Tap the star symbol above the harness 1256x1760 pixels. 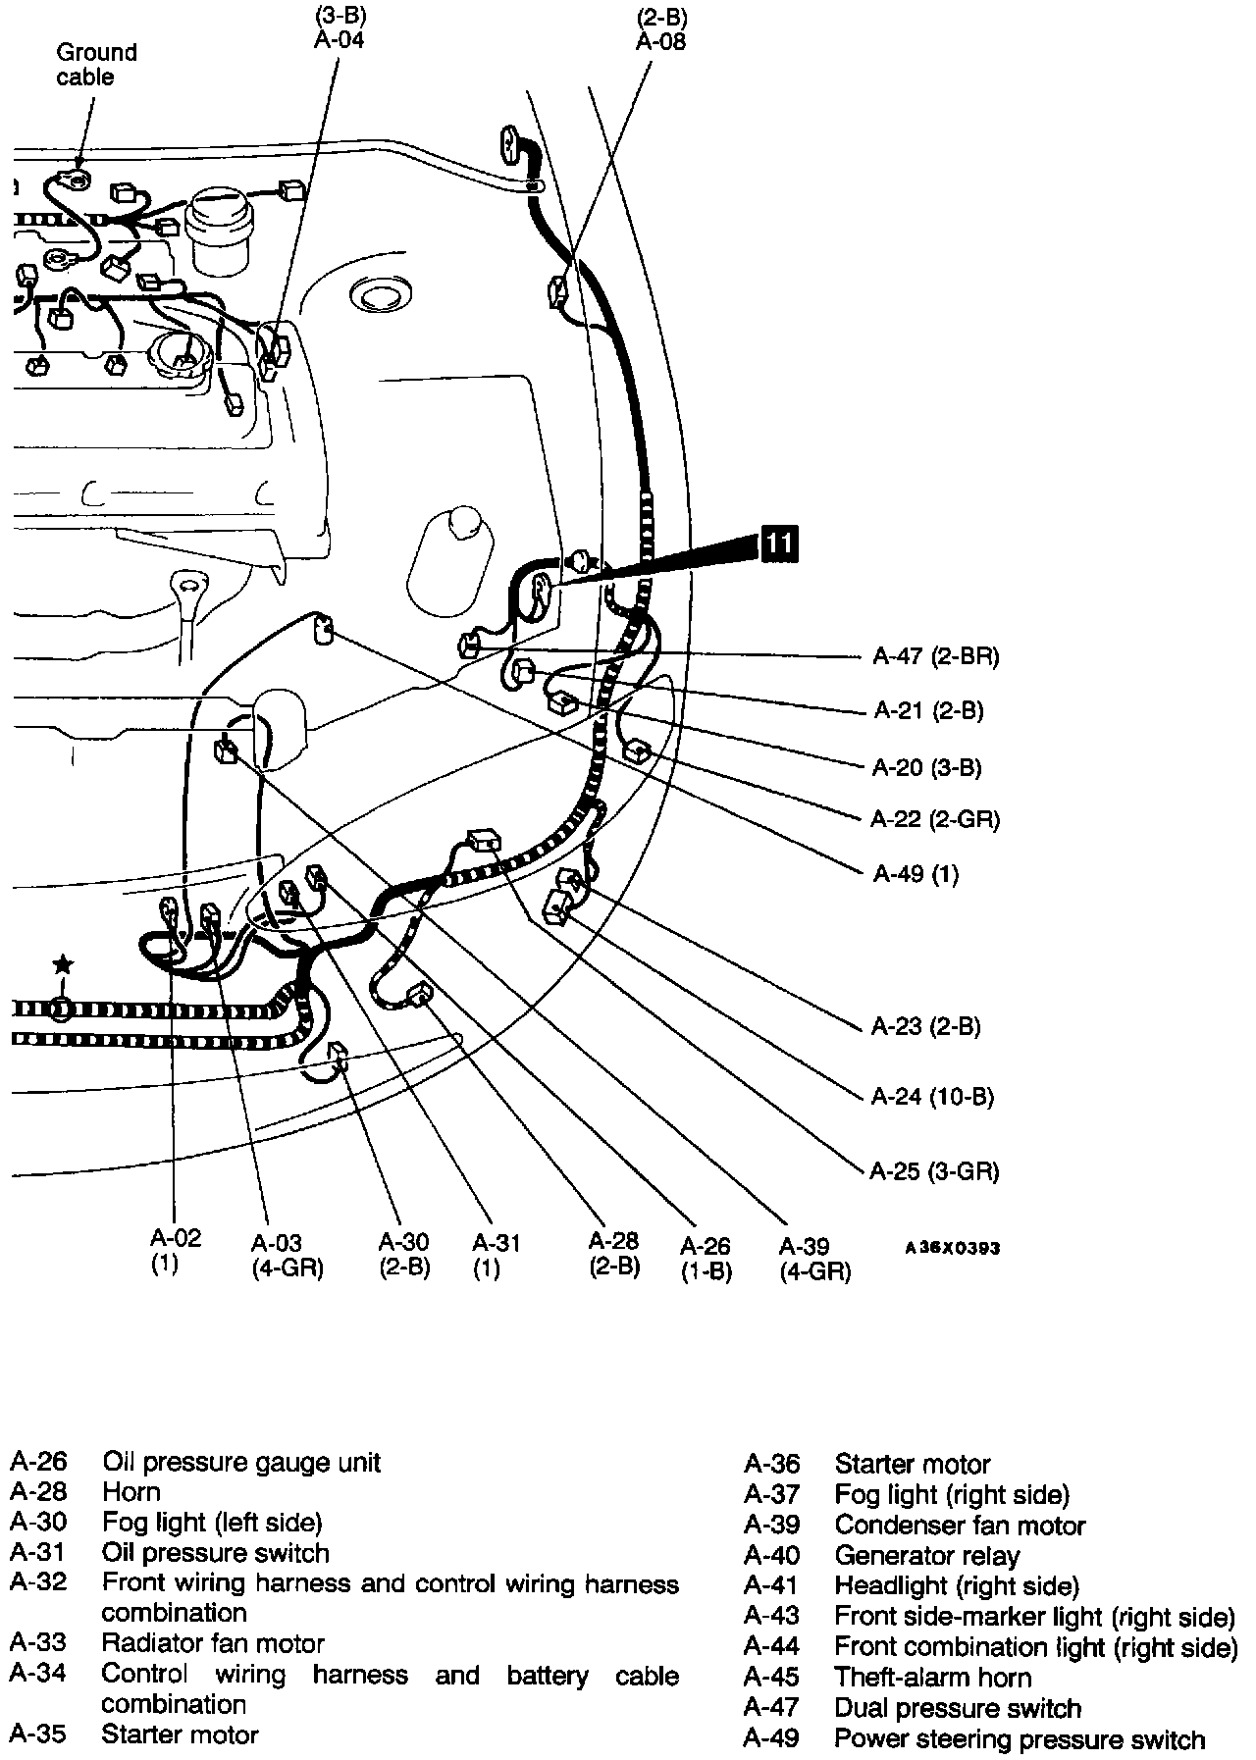point(63,964)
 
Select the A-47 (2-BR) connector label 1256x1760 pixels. point(935,656)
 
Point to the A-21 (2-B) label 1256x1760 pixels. point(927,710)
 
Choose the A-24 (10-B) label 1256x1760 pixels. point(932,1096)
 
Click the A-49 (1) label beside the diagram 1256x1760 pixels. point(915,873)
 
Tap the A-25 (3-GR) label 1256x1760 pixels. point(934,1170)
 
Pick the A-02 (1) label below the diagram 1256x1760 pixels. point(176,1251)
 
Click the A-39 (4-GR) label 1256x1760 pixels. point(814,1259)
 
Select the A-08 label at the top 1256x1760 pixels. point(660,41)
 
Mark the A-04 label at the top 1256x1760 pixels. point(340,40)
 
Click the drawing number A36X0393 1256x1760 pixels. point(952,1248)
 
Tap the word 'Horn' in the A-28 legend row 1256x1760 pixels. point(131,1492)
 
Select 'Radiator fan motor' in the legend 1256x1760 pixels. point(213,1643)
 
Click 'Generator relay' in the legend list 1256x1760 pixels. point(926,1556)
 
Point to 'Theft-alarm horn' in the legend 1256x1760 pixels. point(932,1678)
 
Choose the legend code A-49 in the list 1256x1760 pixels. point(771,1739)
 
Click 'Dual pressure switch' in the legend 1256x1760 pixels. point(957,1708)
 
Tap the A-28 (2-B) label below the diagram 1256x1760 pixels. point(614,1254)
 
